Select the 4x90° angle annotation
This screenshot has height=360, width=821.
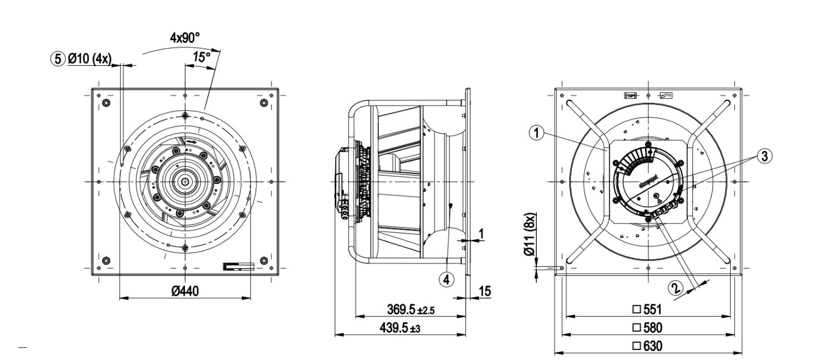185,38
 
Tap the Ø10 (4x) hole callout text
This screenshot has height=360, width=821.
90,57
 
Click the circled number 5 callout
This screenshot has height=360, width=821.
57,57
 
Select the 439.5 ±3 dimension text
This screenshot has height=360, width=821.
399,329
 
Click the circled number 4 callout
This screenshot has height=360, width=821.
444,280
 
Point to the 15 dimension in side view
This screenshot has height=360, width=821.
485,291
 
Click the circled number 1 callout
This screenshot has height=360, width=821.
536,133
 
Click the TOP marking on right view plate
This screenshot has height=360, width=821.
631,95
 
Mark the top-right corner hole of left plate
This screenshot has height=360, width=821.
264,104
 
